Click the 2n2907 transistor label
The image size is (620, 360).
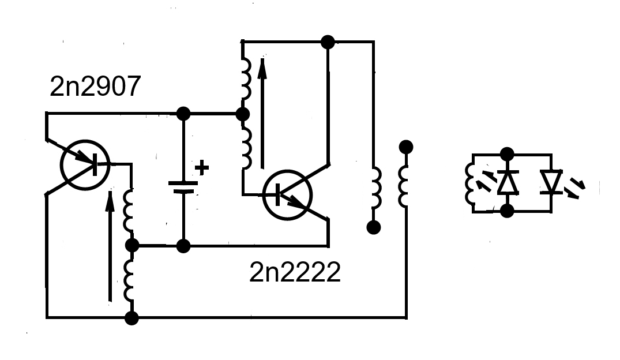click(x=95, y=86)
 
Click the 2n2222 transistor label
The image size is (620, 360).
click(x=295, y=272)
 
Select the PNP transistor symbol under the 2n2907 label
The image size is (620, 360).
click(x=85, y=165)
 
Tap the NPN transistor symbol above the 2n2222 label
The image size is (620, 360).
click(x=287, y=194)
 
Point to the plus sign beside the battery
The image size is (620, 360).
click(x=202, y=167)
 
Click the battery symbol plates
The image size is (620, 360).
click(x=183, y=187)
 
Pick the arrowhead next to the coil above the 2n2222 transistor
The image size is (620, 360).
click(x=262, y=68)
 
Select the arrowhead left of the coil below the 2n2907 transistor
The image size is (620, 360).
click(x=110, y=200)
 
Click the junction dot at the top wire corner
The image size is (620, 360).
click(x=328, y=42)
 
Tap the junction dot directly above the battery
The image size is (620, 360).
click(x=183, y=114)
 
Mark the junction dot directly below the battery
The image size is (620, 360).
click(x=183, y=246)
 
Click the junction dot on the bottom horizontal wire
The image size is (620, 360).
click(x=131, y=318)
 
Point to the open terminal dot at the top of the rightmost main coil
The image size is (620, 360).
click(x=406, y=147)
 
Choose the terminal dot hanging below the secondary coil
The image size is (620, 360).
click(x=374, y=227)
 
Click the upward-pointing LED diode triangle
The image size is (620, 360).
click(x=508, y=182)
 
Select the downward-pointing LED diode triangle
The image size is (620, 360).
click(x=551, y=182)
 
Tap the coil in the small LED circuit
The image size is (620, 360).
click(x=469, y=183)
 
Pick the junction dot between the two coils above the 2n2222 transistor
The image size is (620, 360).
click(x=243, y=114)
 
